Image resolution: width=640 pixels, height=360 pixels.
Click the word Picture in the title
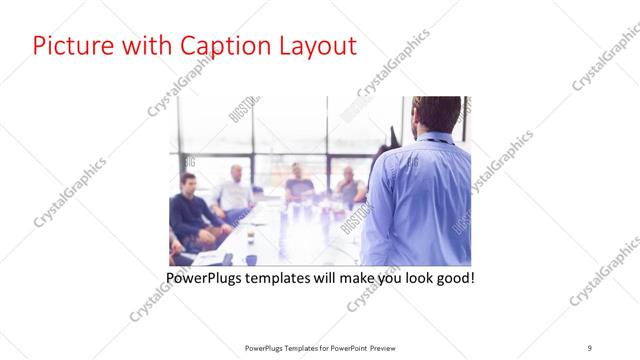71,46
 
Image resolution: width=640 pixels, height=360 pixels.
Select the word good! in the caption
451,276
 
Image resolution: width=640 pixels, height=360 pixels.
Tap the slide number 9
589,347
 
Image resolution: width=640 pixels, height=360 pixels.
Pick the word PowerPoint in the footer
345,347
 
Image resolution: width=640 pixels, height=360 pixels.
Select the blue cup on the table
250,259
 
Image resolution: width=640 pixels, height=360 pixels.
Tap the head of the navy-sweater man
188,182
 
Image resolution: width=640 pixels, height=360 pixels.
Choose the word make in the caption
348,276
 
